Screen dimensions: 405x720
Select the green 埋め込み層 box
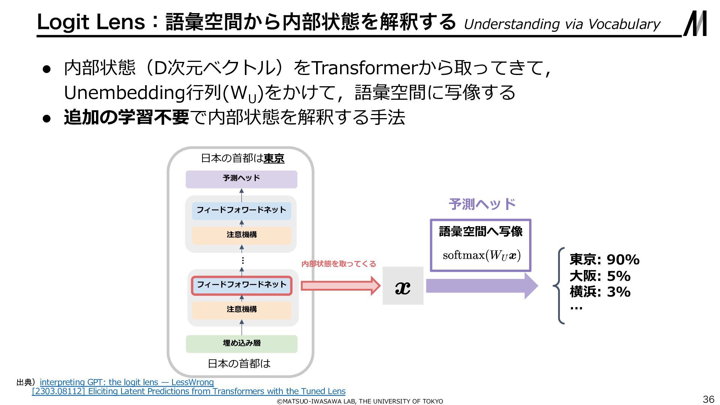pos(241,343)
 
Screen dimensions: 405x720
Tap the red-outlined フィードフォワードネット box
pos(241,285)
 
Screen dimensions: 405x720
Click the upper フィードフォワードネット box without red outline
pos(241,210)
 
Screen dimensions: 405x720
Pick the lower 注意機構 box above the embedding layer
pos(241,310)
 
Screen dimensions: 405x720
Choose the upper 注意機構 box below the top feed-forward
pos(241,235)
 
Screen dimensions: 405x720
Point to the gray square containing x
pos(403,286)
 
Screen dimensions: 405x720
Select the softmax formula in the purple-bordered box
pos(481,256)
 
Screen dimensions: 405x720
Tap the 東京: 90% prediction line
pos(604,259)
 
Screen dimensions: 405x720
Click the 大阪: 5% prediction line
pos(600,276)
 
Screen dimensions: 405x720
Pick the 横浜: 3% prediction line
pos(600,292)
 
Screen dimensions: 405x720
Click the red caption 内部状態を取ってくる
pos(338,264)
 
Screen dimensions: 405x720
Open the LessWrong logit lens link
pos(127,382)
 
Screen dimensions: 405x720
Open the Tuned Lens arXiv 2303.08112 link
pos(189,391)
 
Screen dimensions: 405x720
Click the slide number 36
pos(708,399)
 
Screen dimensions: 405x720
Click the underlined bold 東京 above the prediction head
pos(274,159)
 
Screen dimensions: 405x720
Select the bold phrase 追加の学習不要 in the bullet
pos(126,117)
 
